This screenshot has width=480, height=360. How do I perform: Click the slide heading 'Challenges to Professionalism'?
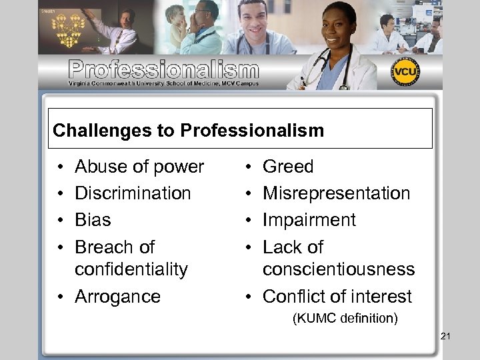point(188,130)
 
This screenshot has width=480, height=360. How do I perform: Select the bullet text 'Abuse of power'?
point(139,167)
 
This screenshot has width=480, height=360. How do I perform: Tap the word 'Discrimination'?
point(133,193)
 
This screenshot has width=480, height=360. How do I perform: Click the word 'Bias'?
point(93,220)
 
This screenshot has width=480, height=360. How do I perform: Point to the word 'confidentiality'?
point(131,269)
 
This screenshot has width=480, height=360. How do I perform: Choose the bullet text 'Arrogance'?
point(117,297)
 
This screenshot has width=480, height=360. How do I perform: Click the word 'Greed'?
point(288,167)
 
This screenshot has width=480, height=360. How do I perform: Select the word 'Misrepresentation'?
point(337,193)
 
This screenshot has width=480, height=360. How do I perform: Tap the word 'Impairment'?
point(309,220)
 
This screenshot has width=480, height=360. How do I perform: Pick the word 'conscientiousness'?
point(339,269)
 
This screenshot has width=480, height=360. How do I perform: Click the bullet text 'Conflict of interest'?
point(337,297)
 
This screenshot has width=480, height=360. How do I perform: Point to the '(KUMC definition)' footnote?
point(345,319)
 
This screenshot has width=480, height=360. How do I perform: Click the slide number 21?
point(445,336)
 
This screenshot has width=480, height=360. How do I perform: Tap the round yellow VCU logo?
point(405,72)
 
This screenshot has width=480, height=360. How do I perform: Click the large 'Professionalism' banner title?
point(163,69)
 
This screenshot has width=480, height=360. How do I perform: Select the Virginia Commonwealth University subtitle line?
point(163,83)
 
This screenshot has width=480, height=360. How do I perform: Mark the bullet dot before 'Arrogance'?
point(61,297)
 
